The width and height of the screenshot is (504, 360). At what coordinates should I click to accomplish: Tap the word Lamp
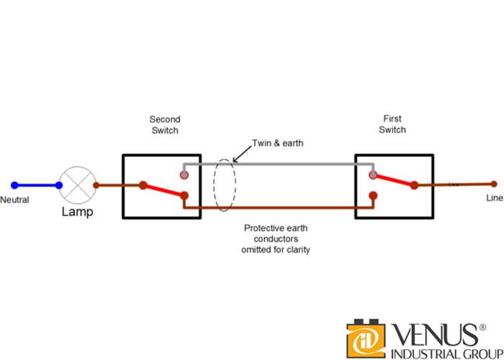click(77, 212)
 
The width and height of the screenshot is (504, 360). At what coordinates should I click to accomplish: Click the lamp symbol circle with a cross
click(76, 185)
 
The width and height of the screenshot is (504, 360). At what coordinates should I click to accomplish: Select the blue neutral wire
click(36, 185)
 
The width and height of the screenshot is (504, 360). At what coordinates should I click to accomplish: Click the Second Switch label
click(165, 125)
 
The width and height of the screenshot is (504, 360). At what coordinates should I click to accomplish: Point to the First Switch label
click(392, 124)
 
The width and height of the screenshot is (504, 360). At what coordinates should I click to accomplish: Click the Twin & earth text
click(277, 143)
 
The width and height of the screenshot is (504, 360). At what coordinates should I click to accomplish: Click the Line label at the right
click(494, 198)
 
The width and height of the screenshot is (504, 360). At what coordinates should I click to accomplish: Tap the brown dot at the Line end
click(493, 184)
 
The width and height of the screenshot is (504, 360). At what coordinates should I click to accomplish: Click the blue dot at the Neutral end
click(13, 185)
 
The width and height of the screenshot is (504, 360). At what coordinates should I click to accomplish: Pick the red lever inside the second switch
click(164, 190)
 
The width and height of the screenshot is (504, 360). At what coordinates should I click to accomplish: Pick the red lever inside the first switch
click(393, 180)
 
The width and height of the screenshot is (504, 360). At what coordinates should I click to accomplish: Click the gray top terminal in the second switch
click(184, 174)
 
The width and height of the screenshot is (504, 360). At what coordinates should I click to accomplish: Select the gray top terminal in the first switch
click(372, 174)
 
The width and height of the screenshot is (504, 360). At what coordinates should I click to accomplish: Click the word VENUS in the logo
click(433, 336)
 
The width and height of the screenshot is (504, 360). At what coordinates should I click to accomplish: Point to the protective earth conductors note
click(276, 238)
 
